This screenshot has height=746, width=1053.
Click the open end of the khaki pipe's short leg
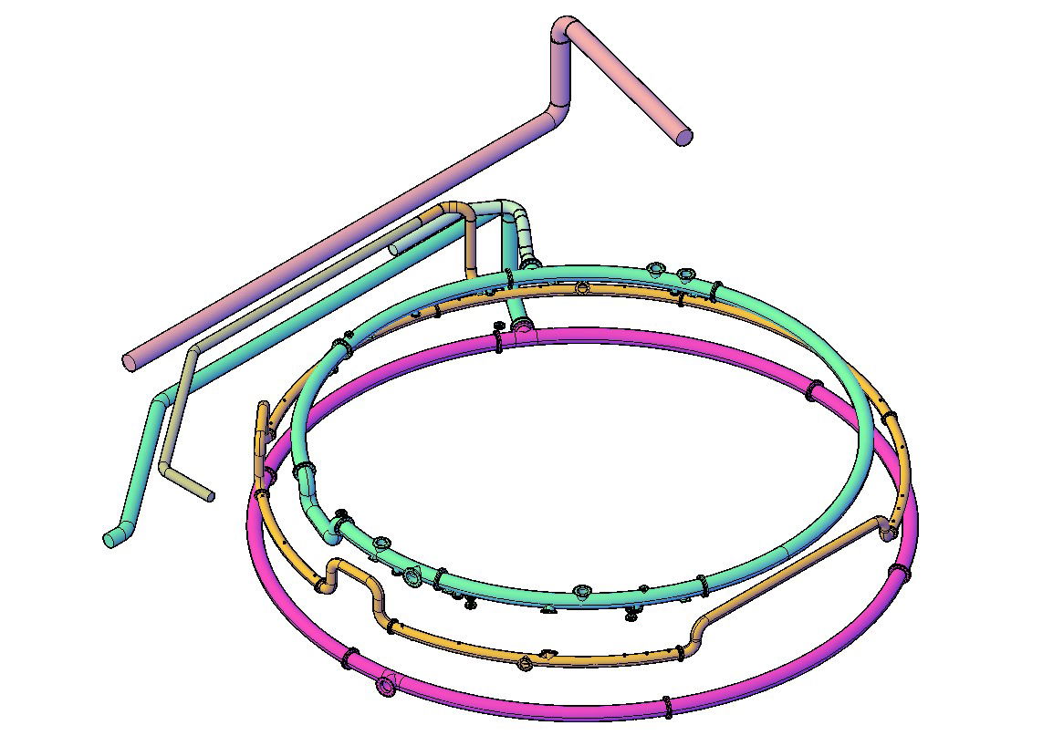[209, 496]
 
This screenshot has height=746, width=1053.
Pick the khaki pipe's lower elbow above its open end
[166, 467]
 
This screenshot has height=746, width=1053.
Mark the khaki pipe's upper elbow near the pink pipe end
[191, 354]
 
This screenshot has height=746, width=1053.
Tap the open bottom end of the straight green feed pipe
[109, 540]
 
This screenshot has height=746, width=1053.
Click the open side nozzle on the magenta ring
[388, 686]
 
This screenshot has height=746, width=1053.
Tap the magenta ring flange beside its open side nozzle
[349, 658]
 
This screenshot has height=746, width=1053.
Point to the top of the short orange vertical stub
[264, 406]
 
